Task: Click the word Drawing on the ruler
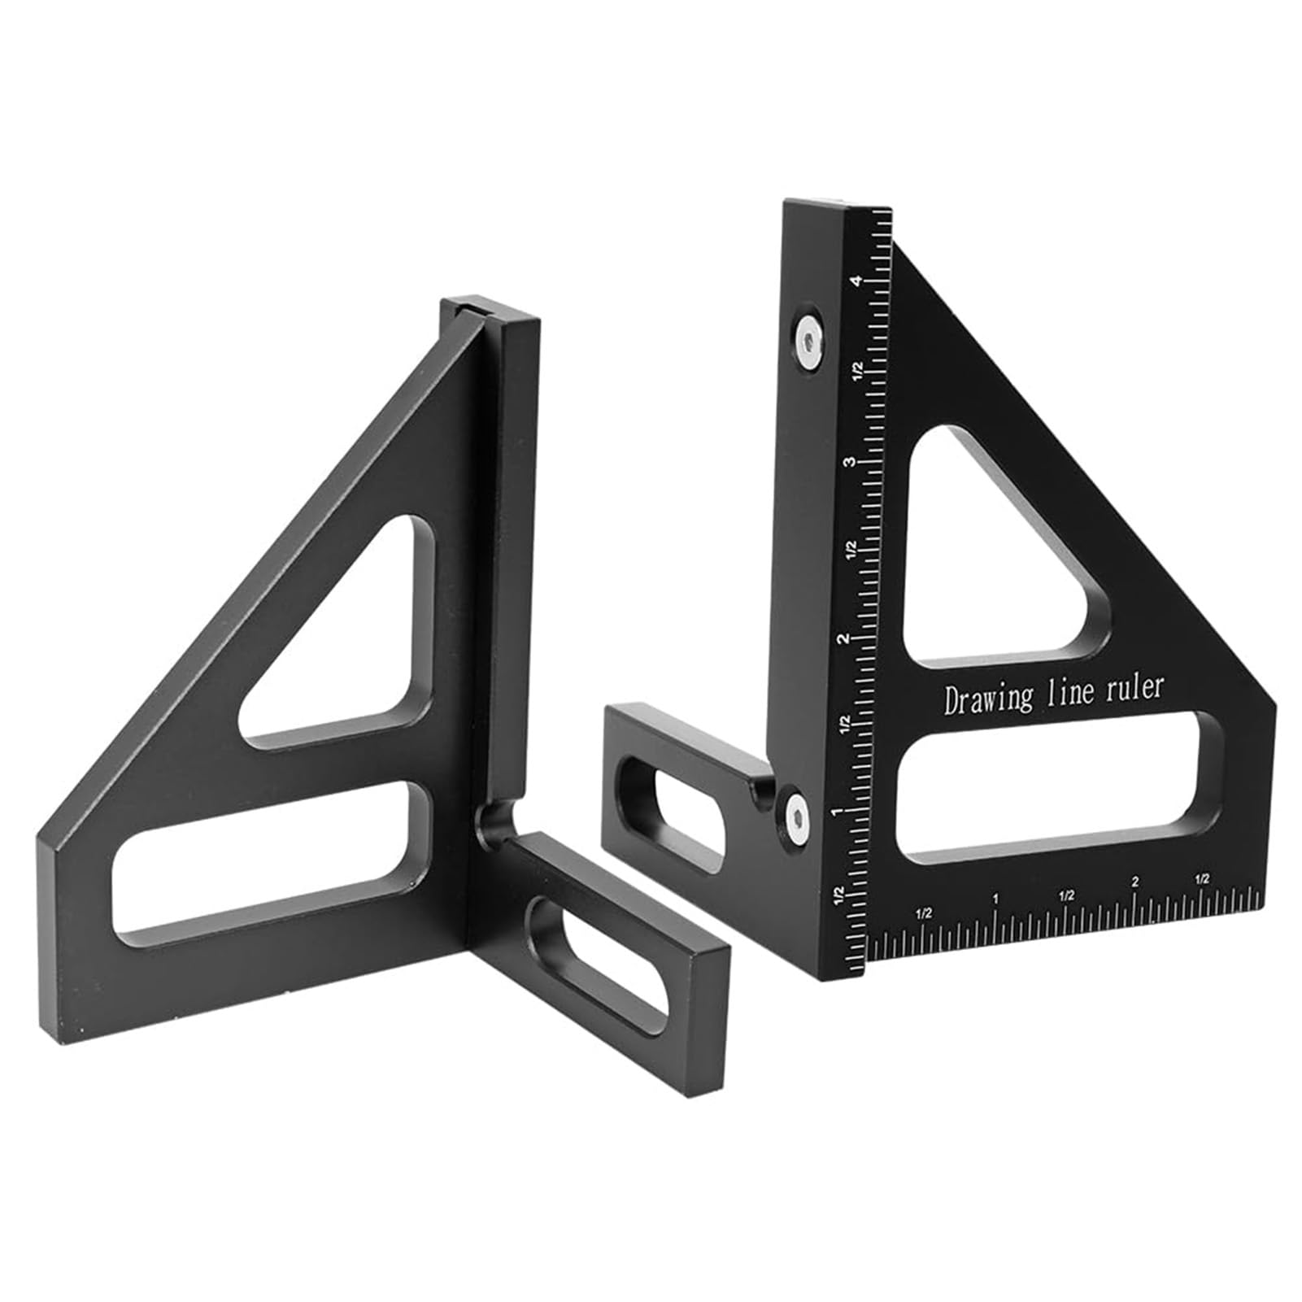987,699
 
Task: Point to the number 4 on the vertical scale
855,281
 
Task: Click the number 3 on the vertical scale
849,461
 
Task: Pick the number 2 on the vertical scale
846,638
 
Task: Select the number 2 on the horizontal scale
1134,881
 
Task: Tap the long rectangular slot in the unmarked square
268,862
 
